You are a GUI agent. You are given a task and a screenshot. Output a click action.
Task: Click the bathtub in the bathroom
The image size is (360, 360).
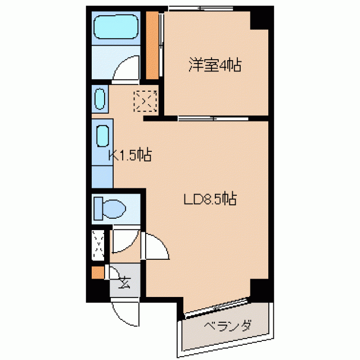point(116,27)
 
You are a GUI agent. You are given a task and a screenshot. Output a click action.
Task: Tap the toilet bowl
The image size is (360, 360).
point(110,209)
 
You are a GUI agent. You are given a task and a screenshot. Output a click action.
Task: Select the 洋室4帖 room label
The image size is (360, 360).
point(215,65)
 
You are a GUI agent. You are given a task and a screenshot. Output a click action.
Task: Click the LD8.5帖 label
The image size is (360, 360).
point(210,199)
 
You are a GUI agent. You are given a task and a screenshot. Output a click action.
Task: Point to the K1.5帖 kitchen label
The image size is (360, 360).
point(130,155)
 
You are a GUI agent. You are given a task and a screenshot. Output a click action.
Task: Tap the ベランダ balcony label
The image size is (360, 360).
point(227,325)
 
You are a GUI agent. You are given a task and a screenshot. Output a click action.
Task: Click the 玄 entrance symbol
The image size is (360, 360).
point(125,282)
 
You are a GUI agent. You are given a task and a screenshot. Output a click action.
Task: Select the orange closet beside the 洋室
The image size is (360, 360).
point(152,45)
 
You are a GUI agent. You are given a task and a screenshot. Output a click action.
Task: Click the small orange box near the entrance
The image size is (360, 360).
point(97,272)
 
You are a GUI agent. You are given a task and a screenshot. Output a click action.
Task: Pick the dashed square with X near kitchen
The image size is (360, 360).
point(145,101)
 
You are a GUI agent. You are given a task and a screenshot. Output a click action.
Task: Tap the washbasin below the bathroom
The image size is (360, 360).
point(100,99)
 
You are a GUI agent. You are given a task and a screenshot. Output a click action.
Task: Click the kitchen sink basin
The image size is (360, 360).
point(102,136)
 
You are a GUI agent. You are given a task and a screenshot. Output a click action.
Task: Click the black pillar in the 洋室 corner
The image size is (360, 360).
point(259,20)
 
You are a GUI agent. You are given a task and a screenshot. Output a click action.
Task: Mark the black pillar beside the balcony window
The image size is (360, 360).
point(259,288)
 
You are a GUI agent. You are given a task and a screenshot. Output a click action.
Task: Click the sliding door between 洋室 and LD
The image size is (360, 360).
point(213,119)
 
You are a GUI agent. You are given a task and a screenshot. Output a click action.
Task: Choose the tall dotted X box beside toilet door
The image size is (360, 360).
point(98,245)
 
